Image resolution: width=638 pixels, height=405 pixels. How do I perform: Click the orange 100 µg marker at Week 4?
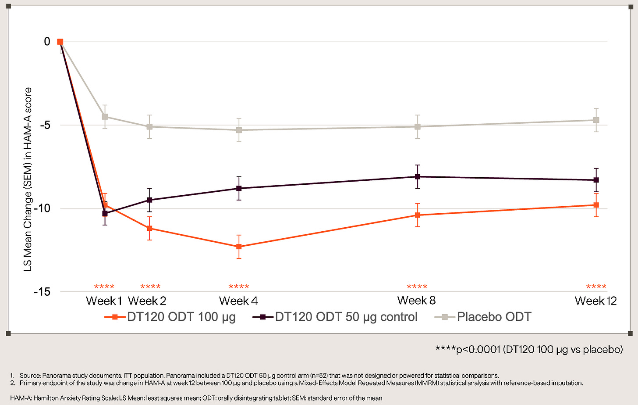click(x=239, y=247)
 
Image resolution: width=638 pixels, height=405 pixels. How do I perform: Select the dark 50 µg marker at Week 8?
click(x=418, y=177)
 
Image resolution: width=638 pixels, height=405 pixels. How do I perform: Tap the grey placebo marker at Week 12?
click(x=596, y=120)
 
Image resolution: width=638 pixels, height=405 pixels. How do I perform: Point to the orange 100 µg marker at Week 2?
click(x=149, y=228)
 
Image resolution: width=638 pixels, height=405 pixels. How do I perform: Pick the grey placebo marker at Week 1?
click(x=105, y=117)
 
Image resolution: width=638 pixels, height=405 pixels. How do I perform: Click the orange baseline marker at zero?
click(x=60, y=42)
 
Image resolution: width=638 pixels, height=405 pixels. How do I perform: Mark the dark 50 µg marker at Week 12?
click(x=596, y=180)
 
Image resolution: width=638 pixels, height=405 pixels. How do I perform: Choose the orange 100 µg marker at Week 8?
click(x=418, y=215)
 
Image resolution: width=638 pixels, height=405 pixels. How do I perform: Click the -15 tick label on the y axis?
click(x=42, y=292)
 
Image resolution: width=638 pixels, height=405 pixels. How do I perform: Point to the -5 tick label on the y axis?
click(x=45, y=125)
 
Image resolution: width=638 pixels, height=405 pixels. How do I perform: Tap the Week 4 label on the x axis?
click(x=238, y=301)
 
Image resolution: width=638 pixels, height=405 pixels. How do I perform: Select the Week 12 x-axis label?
click(x=595, y=301)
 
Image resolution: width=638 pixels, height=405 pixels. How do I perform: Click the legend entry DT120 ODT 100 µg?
click(x=170, y=317)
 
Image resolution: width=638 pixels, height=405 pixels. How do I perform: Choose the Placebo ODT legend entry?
click(x=483, y=317)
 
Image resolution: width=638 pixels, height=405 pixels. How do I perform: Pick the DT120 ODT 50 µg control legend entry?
click(x=335, y=317)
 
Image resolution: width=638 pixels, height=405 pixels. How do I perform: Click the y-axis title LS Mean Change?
click(x=28, y=179)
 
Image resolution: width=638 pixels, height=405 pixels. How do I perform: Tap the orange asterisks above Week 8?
click(x=417, y=287)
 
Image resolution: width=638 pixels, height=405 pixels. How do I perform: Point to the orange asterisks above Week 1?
click(x=104, y=287)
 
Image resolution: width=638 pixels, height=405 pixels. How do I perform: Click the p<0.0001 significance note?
click(x=529, y=349)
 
